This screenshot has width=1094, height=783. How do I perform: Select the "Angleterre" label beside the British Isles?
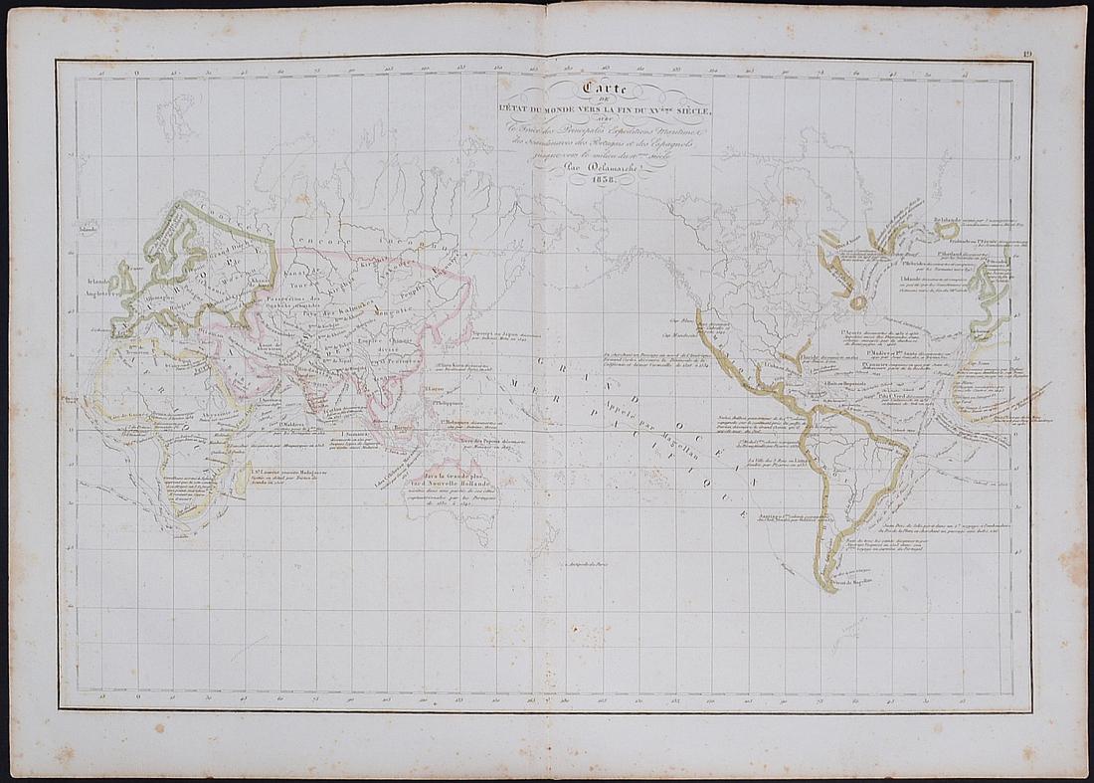click(x=101, y=293)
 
